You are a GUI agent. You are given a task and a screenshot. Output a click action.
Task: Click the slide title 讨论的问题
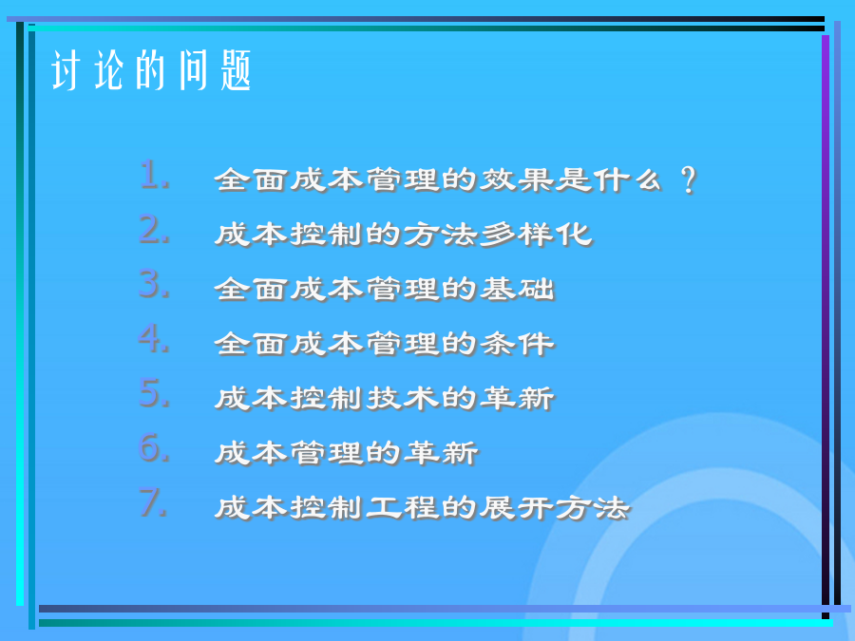(151, 69)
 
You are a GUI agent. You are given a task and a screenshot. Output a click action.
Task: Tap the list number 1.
(154, 175)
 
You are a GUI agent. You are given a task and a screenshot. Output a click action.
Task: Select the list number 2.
(154, 229)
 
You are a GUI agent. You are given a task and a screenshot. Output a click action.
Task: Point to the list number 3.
(154, 283)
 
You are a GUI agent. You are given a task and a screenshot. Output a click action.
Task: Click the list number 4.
(154, 338)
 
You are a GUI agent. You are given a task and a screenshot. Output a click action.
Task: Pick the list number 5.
(154, 392)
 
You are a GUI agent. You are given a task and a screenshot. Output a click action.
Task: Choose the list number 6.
(154, 447)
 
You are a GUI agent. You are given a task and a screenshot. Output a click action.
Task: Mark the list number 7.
(153, 501)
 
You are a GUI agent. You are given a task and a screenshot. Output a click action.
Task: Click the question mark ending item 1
(689, 179)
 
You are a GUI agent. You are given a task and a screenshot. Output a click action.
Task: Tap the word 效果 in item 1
(516, 179)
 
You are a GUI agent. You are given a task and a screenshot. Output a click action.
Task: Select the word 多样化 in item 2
(536, 235)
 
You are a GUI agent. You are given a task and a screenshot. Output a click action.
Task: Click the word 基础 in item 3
(517, 289)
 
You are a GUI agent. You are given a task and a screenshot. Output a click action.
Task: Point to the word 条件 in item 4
(517, 344)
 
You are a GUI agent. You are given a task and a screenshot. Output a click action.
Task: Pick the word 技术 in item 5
(403, 398)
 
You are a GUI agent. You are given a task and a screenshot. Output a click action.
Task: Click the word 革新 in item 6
(441, 452)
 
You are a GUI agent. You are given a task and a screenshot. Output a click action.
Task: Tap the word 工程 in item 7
(403, 507)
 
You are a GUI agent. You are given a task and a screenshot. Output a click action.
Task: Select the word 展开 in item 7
(516, 507)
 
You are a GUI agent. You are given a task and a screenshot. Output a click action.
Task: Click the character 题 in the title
(236, 69)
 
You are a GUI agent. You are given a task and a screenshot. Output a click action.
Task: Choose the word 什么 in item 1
(628, 179)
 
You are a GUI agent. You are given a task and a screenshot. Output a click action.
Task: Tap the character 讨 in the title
(66, 69)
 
